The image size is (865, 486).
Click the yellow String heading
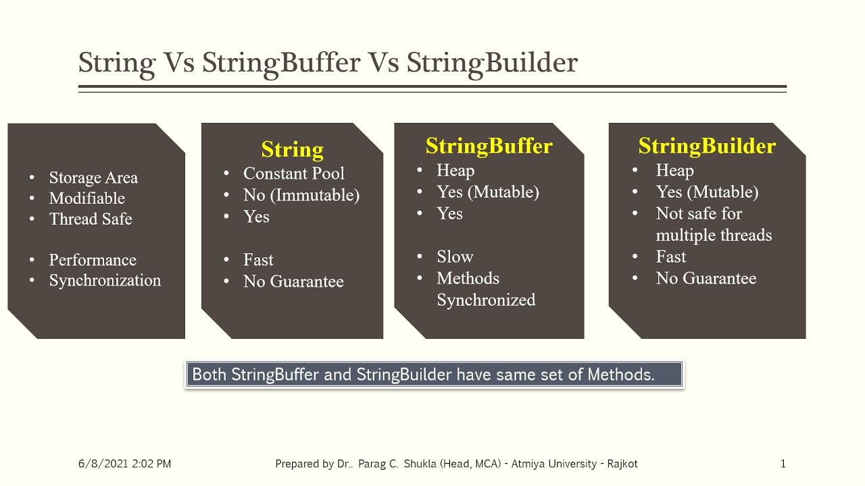tap(292, 149)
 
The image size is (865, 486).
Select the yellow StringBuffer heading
tap(489, 146)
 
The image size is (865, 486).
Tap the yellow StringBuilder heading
tap(707, 146)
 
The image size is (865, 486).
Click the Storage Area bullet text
tap(93, 178)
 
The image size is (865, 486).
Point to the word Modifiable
tap(86, 198)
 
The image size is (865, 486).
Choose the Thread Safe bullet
tap(91, 219)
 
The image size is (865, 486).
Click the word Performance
tap(93, 260)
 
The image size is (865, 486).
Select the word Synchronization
tap(105, 280)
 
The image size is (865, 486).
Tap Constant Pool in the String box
tap(293, 173)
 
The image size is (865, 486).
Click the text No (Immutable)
tap(301, 195)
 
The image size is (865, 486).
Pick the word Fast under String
tap(258, 260)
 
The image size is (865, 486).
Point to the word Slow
tap(455, 256)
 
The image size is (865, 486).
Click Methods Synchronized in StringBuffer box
tap(485, 289)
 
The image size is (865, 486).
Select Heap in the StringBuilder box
tap(674, 170)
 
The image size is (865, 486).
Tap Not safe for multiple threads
tap(713, 224)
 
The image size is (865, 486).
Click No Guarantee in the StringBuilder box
tap(706, 278)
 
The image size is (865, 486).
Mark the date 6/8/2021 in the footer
tap(99, 464)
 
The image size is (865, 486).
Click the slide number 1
tap(783, 464)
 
